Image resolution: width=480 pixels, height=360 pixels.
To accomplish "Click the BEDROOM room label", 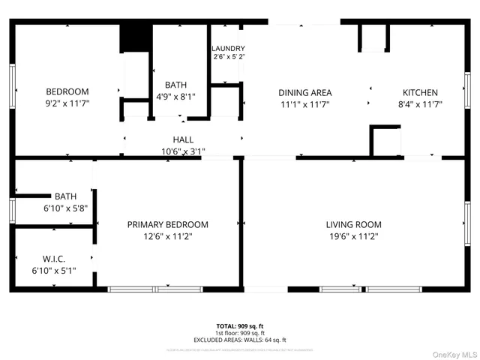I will click(67, 92).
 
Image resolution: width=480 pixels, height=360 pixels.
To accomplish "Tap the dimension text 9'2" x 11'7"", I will click(67, 104).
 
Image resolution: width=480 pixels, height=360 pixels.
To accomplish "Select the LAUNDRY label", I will click(228, 49).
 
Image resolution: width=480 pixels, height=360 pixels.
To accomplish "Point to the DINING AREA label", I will click(304, 93).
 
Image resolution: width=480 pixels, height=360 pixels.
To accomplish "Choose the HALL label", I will click(183, 139).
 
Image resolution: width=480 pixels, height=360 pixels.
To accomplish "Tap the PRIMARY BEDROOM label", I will click(167, 224).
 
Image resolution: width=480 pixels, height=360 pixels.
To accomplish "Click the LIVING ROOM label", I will click(353, 224).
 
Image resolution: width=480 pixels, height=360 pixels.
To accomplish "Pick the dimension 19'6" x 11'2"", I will click(353, 236).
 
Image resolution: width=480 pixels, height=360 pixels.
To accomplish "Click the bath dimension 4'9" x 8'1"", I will click(177, 97).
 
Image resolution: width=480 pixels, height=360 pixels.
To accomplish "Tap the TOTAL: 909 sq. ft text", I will click(240, 325).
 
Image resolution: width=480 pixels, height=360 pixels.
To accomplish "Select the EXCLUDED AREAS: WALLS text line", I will click(240, 340).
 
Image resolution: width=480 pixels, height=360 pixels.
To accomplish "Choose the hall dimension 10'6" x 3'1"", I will click(183, 151).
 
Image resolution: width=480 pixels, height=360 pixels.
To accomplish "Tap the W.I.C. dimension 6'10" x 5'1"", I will click(53, 270).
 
